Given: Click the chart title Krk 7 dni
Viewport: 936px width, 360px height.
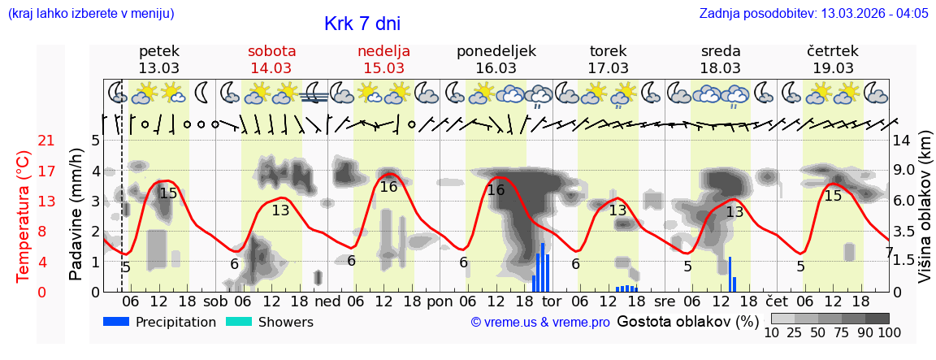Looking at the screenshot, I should click(x=362, y=24).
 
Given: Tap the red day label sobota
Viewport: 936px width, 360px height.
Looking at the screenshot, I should click(x=271, y=51).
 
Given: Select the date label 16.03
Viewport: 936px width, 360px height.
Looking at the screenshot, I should click(x=496, y=68).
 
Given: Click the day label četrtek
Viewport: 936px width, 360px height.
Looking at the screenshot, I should click(x=832, y=51).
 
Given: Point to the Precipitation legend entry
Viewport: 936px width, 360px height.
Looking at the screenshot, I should click(x=159, y=322).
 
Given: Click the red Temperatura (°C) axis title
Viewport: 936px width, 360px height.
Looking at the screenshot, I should click(x=24, y=215).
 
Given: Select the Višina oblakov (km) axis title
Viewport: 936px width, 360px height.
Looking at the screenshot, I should click(x=925, y=215).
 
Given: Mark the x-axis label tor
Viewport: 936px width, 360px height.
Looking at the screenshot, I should click(x=563, y=301).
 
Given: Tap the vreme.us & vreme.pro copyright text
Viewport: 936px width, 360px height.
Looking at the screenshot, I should click(x=540, y=323).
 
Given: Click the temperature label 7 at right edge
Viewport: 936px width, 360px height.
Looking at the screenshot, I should click(x=889, y=253).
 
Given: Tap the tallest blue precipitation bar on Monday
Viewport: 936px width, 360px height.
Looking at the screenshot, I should click(x=543, y=267).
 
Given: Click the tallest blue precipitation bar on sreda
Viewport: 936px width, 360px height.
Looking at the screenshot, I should click(x=730, y=274).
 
